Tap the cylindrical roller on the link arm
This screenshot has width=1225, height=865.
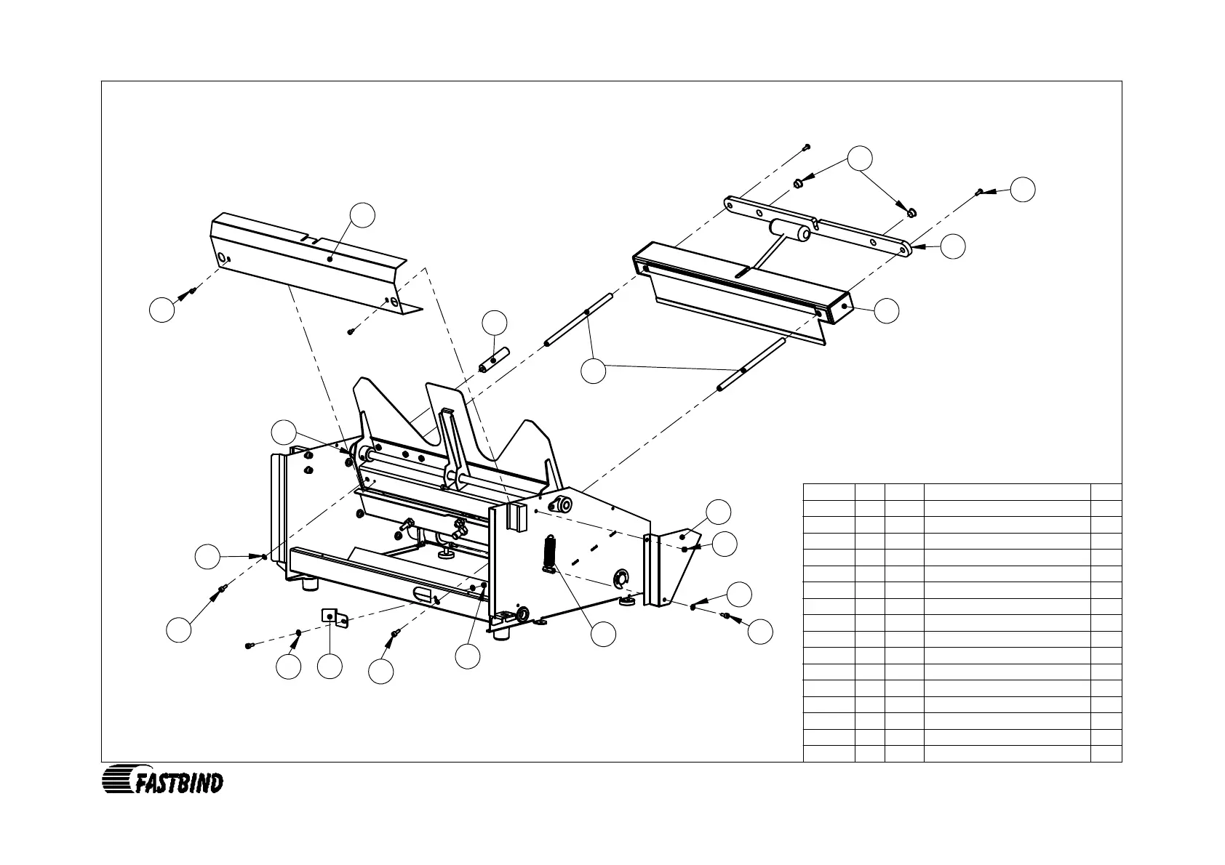tap(791, 232)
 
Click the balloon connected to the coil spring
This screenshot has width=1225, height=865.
tap(603, 635)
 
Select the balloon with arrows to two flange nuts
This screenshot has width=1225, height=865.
tap(861, 158)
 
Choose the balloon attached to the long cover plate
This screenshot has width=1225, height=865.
tap(362, 215)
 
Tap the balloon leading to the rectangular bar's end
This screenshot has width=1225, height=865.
tap(886, 310)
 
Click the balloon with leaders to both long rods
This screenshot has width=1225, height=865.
tap(594, 371)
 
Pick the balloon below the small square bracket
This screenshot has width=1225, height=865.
tap(330, 667)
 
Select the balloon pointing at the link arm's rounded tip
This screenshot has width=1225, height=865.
tap(952, 246)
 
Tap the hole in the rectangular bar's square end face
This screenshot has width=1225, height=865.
tap(843, 307)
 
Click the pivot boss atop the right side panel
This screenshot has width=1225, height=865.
tap(562, 504)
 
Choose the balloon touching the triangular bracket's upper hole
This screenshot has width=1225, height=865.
tap(719, 512)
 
